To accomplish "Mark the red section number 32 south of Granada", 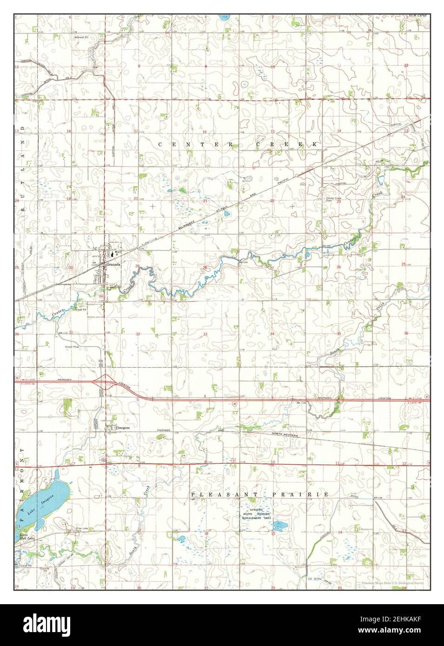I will pyautogui.click(x=138, y=334).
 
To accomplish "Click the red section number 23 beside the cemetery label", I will pyautogui.click(x=339, y=202).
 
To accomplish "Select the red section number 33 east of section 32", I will pyautogui.click(x=205, y=334).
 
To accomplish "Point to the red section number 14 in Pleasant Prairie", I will pyautogui.click(x=340, y=532).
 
